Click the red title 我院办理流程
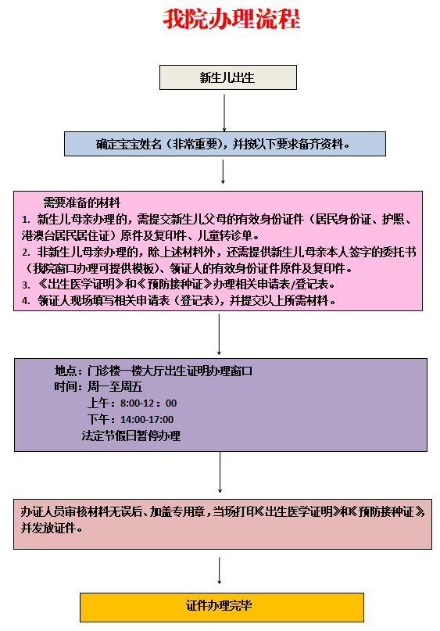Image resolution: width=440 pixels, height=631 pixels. coord(231,19)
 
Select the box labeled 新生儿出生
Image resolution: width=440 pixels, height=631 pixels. coord(228,77)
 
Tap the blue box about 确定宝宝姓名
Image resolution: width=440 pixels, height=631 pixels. coord(225,144)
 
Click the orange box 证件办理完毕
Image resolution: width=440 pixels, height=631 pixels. coord(222,607)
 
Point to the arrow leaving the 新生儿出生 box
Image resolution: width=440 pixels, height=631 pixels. coord(224,113)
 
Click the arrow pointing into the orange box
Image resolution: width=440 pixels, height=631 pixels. coord(219,570)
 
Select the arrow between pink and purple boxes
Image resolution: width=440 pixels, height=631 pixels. coord(219,334)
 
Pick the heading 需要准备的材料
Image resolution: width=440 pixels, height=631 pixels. coord(81,203)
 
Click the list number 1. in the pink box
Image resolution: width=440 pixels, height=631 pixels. coord(26,219)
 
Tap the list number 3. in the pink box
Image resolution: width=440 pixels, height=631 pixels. coord(26,285)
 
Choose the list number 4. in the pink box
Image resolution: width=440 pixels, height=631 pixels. coord(26,301)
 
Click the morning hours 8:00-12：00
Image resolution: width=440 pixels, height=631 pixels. coord(148,403)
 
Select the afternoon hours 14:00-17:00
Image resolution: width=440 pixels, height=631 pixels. coord(147,419)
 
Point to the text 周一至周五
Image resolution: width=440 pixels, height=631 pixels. coord(115,387)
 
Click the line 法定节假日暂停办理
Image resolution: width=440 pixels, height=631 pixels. coord(131,436)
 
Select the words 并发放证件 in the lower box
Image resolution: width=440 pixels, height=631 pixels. coord(48,528)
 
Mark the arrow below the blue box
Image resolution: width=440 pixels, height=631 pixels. coord(223,172)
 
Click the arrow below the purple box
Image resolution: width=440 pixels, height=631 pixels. coord(220,472)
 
